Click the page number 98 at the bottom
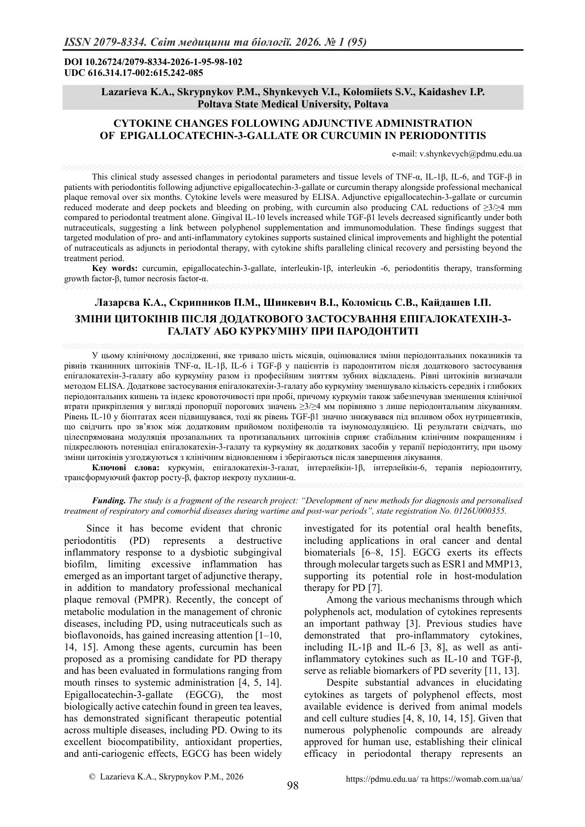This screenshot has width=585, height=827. point(293,785)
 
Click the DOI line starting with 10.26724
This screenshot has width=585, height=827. point(153,62)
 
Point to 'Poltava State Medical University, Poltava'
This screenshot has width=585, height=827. point(293,104)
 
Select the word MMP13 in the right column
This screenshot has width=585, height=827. point(507,564)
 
